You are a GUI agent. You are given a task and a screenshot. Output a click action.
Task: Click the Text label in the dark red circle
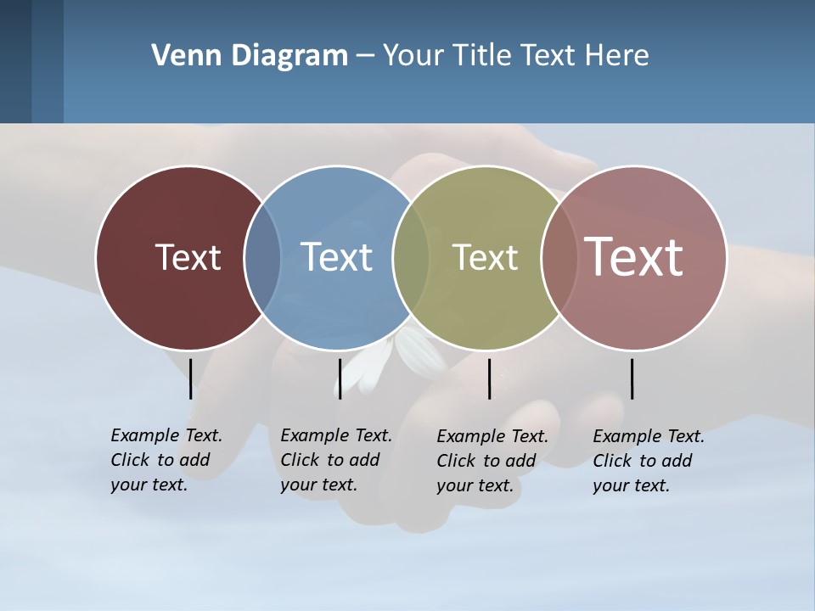point(188,257)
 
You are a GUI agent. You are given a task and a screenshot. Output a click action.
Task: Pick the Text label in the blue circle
point(337,257)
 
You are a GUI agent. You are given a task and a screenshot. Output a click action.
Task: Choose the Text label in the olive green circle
point(485,257)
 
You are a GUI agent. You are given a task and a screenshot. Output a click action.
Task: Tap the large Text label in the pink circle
point(634,256)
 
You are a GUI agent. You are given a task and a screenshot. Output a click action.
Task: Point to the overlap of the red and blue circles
point(262,257)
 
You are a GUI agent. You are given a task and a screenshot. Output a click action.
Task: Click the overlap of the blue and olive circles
point(411,257)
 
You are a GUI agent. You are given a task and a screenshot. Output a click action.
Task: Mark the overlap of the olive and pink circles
point(559,257)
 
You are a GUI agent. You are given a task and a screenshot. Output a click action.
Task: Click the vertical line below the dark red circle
point(191,378)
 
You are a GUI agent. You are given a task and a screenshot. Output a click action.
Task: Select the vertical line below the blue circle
point(340,378)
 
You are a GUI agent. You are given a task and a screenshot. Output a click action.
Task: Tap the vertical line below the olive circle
point(490,378)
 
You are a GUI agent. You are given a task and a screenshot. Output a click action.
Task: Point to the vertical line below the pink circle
point(632,378)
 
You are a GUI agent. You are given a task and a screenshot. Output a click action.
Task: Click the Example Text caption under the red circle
point(166,460)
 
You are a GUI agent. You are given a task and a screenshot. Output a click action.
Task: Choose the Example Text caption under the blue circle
point(335,460)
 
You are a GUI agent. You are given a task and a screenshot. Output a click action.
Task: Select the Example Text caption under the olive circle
point(492,461)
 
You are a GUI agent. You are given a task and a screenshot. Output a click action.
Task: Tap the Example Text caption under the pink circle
point(648,461)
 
